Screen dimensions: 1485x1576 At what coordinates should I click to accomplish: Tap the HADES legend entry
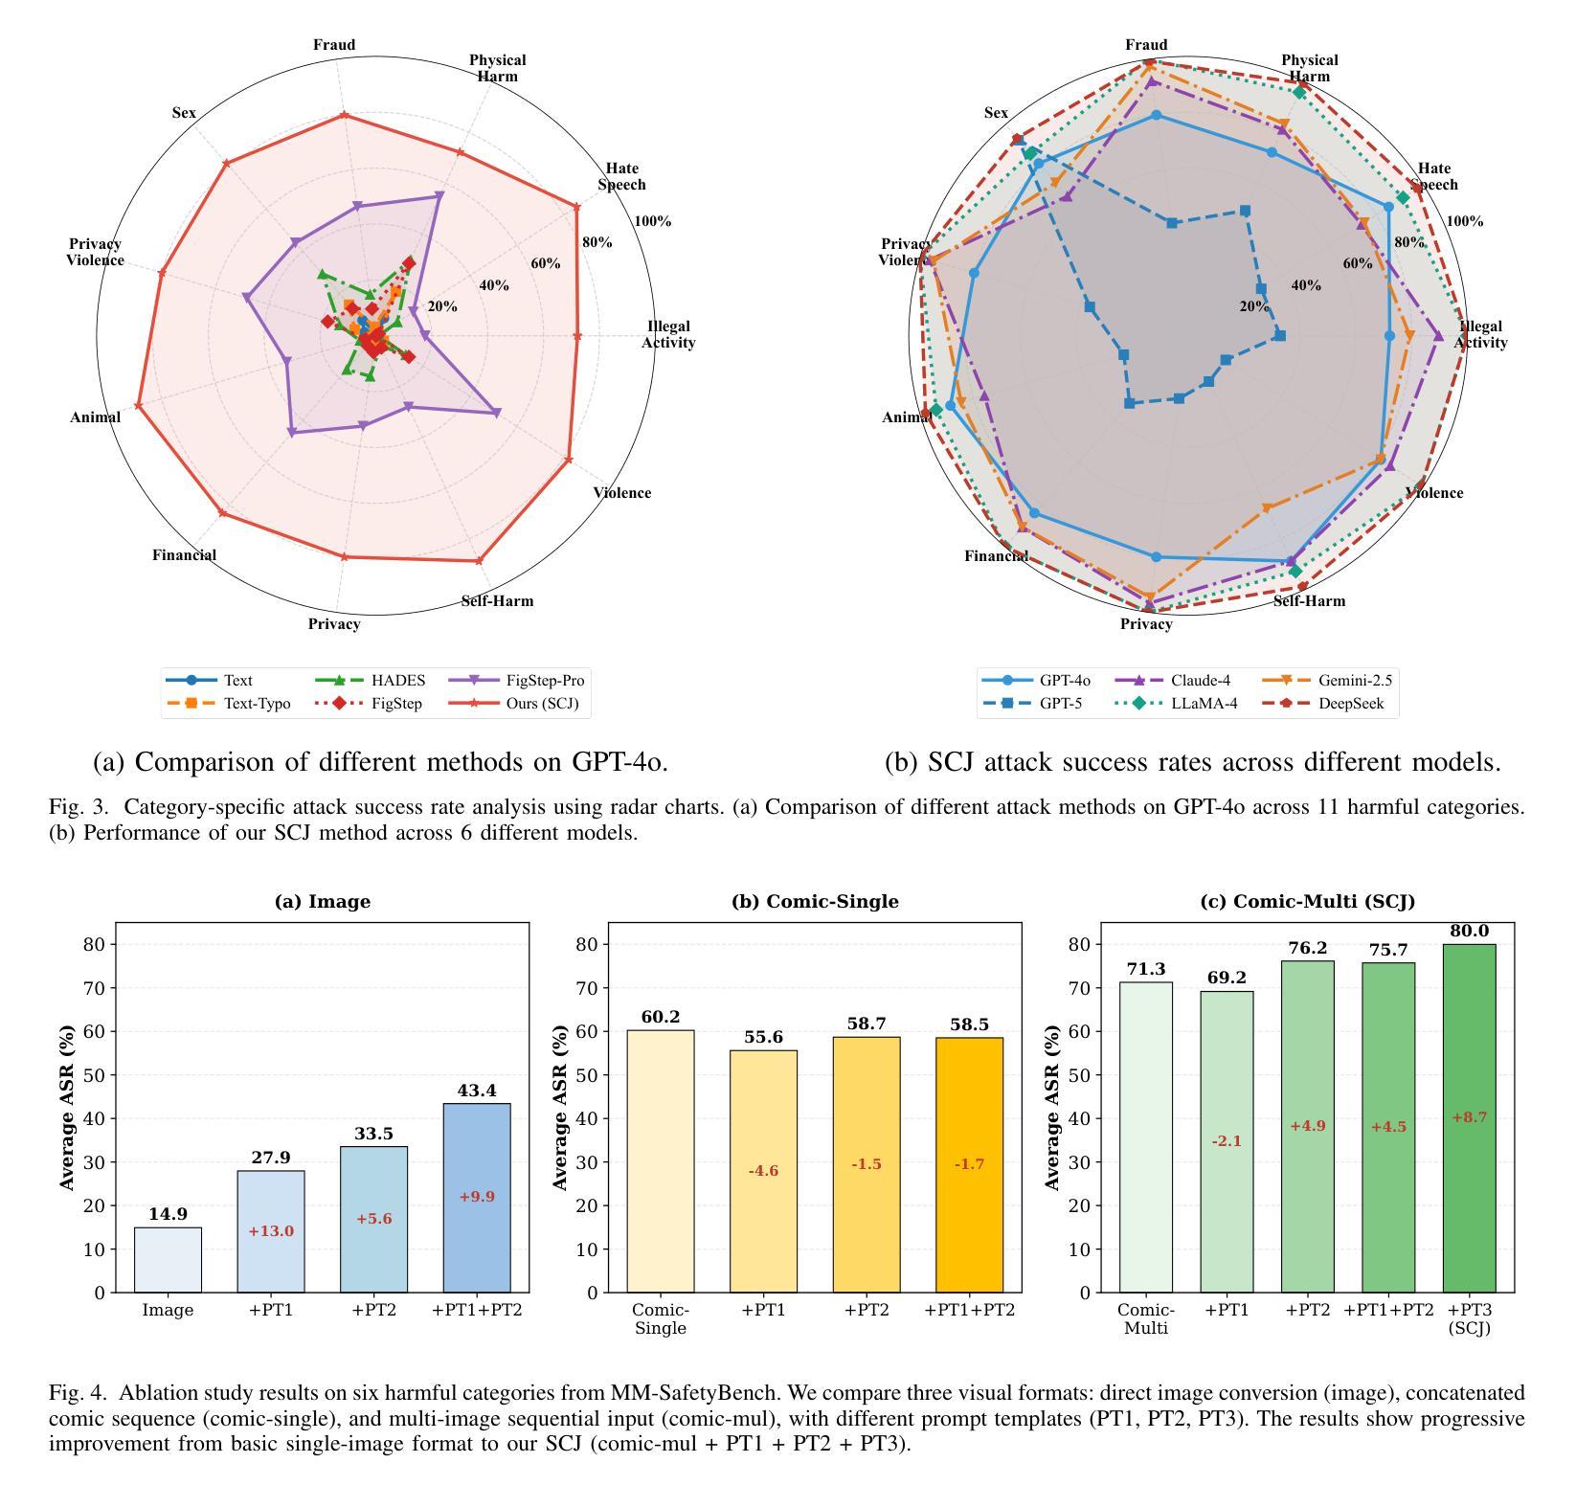[397, 681]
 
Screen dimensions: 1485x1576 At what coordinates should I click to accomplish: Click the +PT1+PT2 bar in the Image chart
[477, 1198]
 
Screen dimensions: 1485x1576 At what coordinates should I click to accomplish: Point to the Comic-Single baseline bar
[661, 1161]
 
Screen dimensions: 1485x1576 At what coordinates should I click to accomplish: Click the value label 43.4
[477, 1091]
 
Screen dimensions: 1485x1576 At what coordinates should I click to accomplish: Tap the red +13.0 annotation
[271, 1231]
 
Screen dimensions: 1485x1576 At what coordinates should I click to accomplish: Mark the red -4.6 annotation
[763, 1171]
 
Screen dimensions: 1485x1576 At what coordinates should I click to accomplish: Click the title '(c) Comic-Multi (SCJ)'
[1307, 902]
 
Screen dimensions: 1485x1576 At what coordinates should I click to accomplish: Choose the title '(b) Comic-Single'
[815, 902]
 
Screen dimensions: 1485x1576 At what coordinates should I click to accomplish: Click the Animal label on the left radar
[95, 417]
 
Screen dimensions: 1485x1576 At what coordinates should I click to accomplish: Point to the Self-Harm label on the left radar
[497, 601]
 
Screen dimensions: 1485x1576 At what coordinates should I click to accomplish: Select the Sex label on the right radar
[996, 113]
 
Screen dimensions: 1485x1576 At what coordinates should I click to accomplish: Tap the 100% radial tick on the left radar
[652, 221]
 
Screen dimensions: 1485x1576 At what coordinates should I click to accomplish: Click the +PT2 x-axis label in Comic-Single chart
[866, 1310]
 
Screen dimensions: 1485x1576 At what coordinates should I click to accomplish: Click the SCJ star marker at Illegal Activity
[577, 336]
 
